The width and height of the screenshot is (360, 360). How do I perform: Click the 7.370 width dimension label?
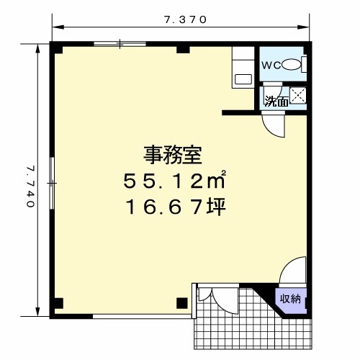[x=185, y=19]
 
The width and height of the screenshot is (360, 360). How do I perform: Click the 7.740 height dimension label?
[x=31, y=186]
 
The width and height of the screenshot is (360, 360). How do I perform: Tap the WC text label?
[x=271, y=66]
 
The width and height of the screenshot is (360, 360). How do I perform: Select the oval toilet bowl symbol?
[x=292, y=65]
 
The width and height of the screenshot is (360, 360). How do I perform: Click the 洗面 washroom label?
[x=276, y=102]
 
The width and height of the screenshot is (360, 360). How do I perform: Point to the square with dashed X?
[x=298, y=95]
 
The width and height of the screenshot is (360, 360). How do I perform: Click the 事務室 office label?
[x=173, y=155]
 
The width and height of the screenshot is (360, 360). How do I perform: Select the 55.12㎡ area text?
[x=174, y=180]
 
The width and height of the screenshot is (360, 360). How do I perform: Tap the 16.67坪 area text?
[x=176, y=207]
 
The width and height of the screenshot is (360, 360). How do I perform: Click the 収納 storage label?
[x=291, y=299]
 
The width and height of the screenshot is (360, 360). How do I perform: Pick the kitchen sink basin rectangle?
[x=243, y=79]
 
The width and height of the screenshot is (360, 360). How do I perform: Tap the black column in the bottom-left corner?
[x=58, y=303]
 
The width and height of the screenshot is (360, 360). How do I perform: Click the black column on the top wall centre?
[x=183, y=49]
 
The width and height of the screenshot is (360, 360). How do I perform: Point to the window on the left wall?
[x=52, y=183]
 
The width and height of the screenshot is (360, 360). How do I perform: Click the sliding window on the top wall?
[x=120, y=44]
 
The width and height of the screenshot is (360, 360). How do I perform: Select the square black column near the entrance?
[x=182, y=303]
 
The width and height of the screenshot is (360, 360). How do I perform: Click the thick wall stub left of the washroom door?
[x=238, y=113]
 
